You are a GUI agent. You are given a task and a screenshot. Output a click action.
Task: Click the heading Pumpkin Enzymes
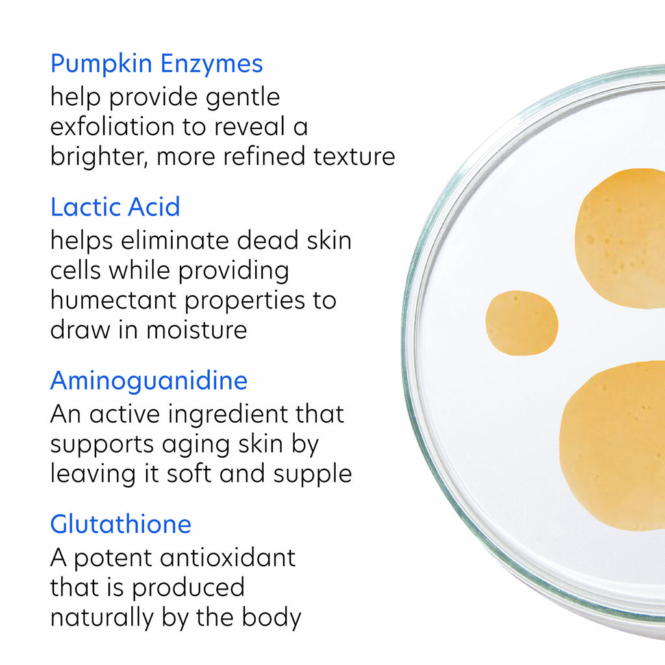pyautogui.click(x=157, y=64)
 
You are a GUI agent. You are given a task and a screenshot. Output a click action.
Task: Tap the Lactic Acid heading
pyautogui.click(x=115, y=207)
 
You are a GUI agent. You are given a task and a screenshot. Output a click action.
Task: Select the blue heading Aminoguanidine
pyautogui.click(x=149, y=381)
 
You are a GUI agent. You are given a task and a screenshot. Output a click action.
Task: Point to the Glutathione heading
pyautogui.click(x=121, y=524)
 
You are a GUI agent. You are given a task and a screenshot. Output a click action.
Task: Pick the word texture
pyautogui.click(x=355, y=157)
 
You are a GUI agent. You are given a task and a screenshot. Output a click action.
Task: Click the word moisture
pyautogui.click(x=196, y=330)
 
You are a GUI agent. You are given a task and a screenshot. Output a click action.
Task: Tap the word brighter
pyautogui.click(x=94, y=157)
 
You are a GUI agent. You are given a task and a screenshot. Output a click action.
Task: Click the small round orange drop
pyautogui.click(x=521, y=323)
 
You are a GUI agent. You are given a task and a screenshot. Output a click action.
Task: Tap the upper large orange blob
pyautogui.click(x=620, y=237)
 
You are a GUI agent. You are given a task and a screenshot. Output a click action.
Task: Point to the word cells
pyautogui.click(x=75, y=271)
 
